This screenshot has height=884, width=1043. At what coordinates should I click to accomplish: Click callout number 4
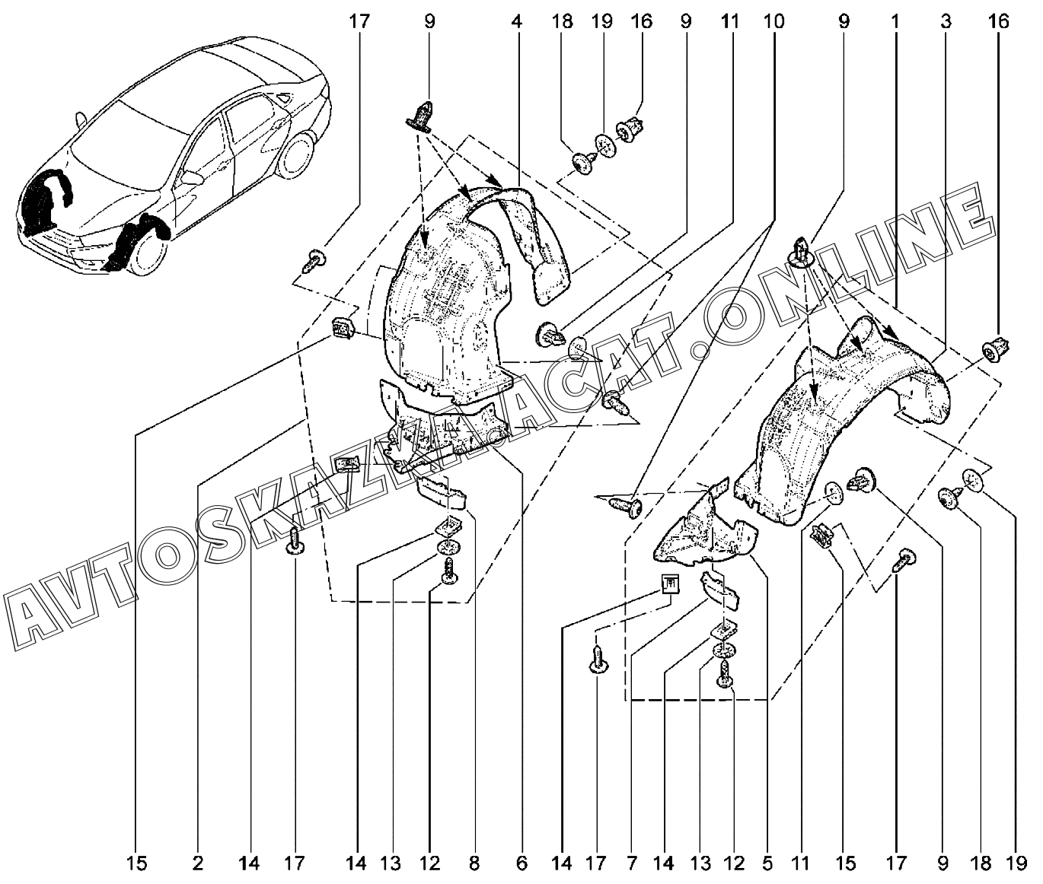(x=517, y=21)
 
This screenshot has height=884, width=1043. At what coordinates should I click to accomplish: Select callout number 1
(x=895, y=21)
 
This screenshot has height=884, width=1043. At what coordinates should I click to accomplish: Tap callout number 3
(x=946, y=21)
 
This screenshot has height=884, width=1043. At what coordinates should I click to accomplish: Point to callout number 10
(x=773, y=21)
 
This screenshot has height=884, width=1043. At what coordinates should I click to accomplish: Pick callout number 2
(x=198, y=863)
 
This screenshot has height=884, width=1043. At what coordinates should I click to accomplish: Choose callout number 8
(x=474, y=863)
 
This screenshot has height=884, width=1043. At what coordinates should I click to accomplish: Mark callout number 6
(x=522, y=863)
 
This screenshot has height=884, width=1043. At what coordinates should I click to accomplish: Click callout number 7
(x=632, y=863)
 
